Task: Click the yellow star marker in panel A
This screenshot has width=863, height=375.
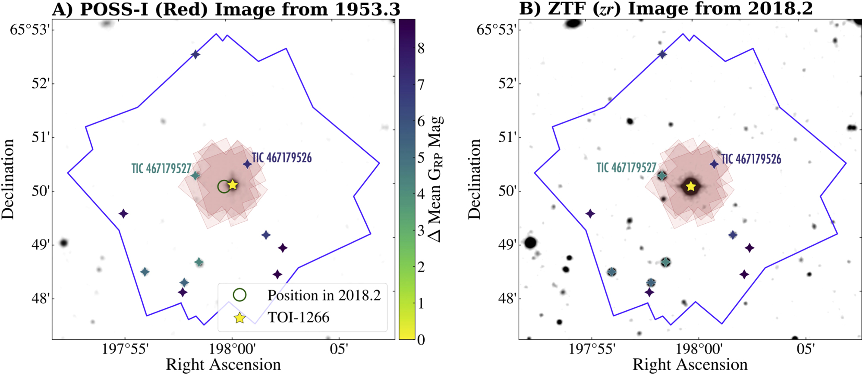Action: [x=233, y=184]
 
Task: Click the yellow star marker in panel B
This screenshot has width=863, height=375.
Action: [x=691, y=186]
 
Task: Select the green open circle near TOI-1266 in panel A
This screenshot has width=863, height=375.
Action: [x=224, y=187]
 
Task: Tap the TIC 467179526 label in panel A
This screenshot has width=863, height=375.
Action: [x=282, y=158]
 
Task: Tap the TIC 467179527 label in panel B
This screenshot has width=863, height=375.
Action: [x=626, y=168]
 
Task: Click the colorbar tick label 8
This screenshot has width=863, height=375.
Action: [x=421, y=49]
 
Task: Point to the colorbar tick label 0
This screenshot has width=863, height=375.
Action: [x=421, y=340]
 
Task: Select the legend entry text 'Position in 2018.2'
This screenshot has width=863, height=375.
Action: [x=324, y=295]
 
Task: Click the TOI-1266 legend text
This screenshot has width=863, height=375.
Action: [x=298, y=318]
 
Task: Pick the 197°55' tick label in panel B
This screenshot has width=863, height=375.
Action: [x=592, y=348]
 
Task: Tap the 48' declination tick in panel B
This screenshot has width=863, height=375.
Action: [x=507, y=298]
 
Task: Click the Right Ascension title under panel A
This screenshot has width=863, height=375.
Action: [x=223, y=365]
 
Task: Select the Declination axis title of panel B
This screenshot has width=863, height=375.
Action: [x=474, y=179]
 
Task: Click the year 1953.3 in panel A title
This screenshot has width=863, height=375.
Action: [x=368, y=9]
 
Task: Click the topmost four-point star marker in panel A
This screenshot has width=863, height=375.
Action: [x=195, y=54]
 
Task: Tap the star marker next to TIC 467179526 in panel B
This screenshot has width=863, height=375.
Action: [x=714, y=164]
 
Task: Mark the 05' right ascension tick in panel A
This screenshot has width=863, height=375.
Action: [x=339, y=348]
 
